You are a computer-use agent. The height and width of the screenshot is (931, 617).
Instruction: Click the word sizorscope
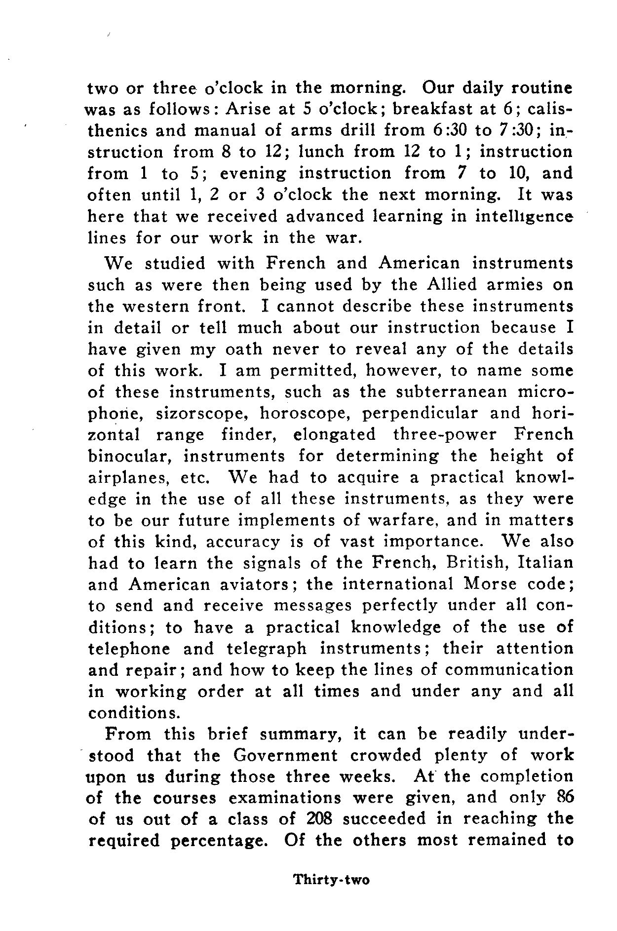pos(206,413)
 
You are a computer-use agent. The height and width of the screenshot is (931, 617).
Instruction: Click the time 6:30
pos(447,130)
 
